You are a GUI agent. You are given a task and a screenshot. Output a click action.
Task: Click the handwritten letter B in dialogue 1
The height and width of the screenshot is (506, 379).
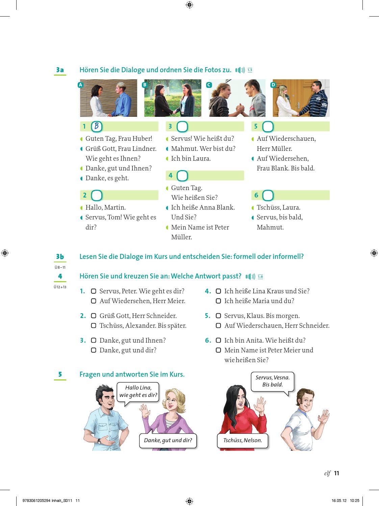point(97,127)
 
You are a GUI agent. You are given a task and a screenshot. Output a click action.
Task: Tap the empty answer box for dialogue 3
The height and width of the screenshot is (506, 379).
point(182,127)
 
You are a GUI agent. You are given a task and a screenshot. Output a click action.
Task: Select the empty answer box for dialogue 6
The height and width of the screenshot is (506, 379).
point(268,195)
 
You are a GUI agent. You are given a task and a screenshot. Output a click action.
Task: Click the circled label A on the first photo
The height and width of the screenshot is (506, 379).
point(81,85)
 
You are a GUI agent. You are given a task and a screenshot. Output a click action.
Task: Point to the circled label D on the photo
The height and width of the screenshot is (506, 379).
point(273,85)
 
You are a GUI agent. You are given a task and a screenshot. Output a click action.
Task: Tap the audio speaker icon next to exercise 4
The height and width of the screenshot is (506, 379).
point(250,277)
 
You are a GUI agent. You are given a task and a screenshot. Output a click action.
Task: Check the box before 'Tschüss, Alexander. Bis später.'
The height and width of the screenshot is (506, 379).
point(94,326)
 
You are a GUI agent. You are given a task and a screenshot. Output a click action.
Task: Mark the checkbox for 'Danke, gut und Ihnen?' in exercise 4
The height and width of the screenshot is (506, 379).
point(94,340)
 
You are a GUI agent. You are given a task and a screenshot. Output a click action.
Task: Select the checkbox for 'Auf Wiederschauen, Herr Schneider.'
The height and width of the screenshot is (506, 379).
point(218,326)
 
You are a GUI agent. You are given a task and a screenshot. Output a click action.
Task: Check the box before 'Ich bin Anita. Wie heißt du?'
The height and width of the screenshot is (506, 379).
point(218,340)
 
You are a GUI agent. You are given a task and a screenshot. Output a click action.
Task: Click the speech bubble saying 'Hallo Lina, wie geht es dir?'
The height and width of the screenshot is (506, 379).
point(138,392)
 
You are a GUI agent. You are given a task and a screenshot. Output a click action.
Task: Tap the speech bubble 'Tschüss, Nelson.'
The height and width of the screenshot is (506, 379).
point(243,441)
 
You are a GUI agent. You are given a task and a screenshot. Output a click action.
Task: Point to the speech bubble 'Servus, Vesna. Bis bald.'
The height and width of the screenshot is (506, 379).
point(272,381)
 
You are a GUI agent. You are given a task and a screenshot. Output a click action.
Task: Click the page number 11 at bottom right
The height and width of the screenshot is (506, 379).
point(336,473)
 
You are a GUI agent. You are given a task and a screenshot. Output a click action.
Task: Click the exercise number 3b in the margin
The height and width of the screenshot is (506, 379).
point(60,257)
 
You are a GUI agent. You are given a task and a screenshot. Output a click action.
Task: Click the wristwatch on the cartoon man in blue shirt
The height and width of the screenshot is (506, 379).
point(99,441)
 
